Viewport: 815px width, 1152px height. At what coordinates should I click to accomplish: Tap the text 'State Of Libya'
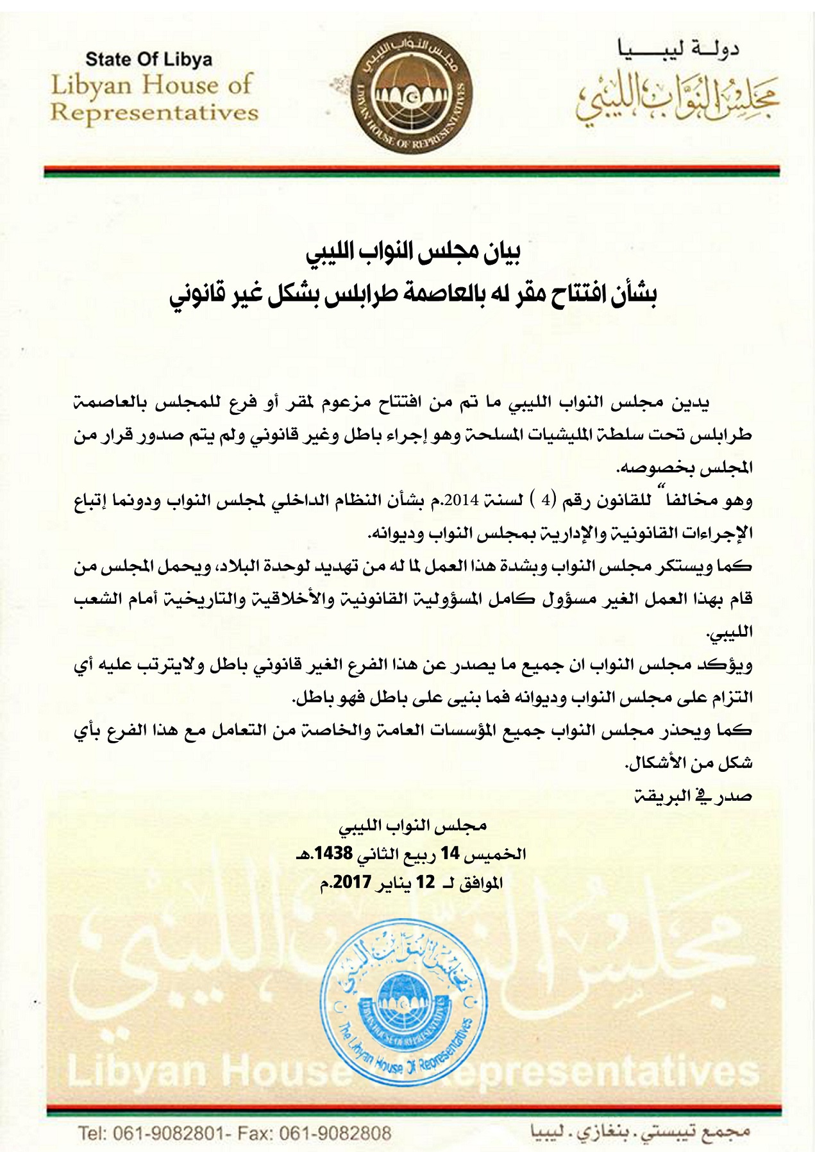click(x=149, y=60)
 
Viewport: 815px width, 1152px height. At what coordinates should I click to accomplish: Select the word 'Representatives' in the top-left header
click(x=154, y=113)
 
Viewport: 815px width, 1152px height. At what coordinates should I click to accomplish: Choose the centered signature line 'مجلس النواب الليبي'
click(x=412, y=826)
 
